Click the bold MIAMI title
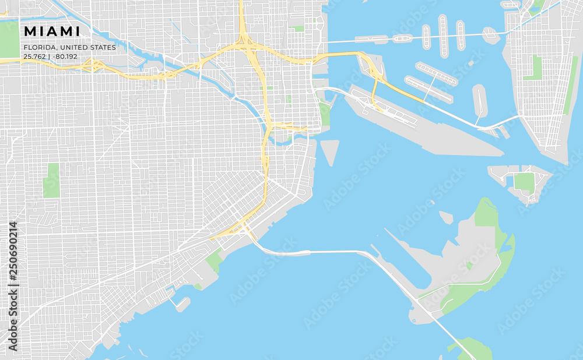(x=52, y=31)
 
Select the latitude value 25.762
(x=34, y=57)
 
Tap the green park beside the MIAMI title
(x=9, y=40)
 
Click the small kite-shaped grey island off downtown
(x=329, y=151)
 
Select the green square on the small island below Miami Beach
(x=525, y=182)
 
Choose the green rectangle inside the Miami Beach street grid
(x=533, y=69)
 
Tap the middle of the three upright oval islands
(x=443, y=36)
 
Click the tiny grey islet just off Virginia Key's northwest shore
(x=446, y=217)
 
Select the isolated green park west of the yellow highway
(x=51, y=181)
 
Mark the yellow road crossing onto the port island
(x=374, y=87)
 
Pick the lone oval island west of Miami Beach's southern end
(x=479, y=100)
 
